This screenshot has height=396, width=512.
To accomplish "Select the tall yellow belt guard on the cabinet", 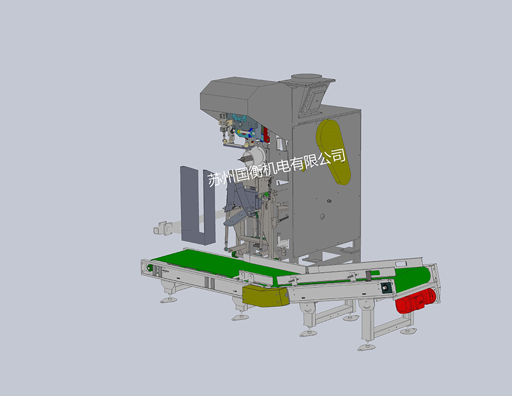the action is click(x=333, y=152).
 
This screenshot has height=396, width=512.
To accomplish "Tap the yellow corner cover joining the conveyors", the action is click(x=265, y=295).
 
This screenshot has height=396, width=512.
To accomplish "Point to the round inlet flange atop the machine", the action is click(x=307, y=78).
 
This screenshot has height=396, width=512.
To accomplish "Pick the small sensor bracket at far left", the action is click(x=163, y=228).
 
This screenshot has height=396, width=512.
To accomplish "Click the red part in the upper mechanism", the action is click(x=266, y=135).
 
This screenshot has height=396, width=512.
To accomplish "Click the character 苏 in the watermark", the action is click(x=214, y=179).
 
